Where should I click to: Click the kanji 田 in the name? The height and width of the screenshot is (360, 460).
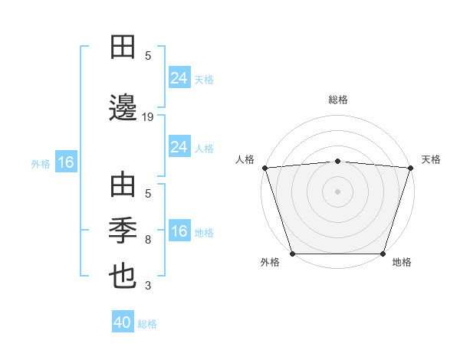tap(123, 47)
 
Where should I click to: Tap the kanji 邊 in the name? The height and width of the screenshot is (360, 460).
tap(123, 109)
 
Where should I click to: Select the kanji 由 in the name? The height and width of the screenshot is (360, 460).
tap(123, 186)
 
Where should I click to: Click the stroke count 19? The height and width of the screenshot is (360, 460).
tap(148, 116)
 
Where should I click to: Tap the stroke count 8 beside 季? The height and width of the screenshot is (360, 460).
tap(148, 240)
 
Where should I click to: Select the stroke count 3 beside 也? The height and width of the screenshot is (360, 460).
tap(148, 286)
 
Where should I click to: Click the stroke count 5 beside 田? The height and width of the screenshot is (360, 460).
tap(148, 55)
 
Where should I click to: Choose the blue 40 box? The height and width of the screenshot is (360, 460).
tap(123, 322)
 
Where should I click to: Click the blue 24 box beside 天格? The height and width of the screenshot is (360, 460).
tap(179, 77)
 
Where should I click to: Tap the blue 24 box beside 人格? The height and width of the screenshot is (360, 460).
tap(179, 147)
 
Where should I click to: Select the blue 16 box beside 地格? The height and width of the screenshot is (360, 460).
tap(179, 231)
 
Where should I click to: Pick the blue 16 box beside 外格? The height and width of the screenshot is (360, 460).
tap(65, 162)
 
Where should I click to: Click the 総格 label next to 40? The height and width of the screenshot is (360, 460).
tap(148, 324)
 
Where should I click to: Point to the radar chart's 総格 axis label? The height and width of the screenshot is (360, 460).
tap(337, 100)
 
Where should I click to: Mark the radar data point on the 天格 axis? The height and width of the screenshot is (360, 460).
tap(410, 168)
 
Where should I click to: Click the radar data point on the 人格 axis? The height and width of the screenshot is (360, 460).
tap(264, 168)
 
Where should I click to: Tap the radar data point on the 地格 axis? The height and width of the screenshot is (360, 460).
tap(383, 253)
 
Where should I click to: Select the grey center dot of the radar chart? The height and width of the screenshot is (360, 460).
tap(337, 191)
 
